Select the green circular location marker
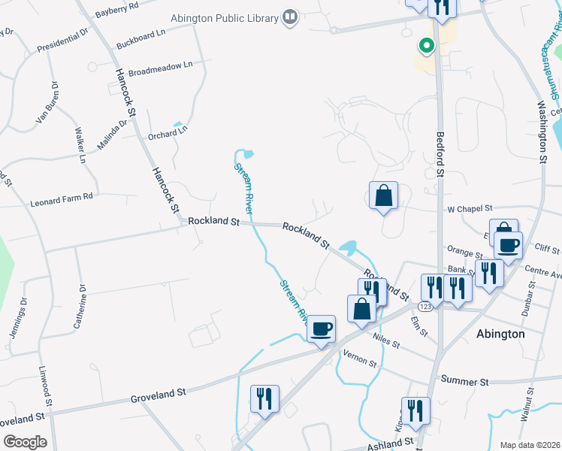(x=426, y=47)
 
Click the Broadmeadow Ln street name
(x=161, y=68)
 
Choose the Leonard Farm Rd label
(x=61, y=200)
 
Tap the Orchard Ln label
(x=167, y=134)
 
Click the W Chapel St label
(x=469, y=208)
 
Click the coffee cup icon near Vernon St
(x=322, y=328)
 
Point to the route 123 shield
(x=425, y=307)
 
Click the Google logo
(x=25, y=442)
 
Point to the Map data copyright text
(x=529, y=445)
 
